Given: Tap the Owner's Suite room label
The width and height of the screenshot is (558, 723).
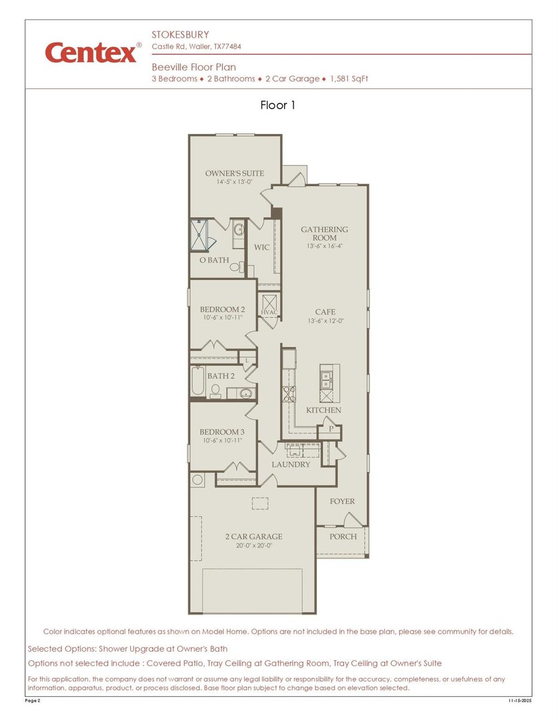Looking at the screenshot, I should (x=234, y=173).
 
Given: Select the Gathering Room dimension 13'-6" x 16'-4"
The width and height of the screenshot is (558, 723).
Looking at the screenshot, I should (x=324, y=246).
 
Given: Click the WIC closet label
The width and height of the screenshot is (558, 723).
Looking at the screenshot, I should (x=262, y=248).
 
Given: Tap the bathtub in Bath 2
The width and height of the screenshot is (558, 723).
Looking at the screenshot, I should (x=197, y=381).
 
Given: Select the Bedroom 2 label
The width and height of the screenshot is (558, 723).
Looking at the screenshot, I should (x=222, y=309).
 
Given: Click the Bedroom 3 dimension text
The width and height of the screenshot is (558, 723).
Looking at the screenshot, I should (x=222, y=441).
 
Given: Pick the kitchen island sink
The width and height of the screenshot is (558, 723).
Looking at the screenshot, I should (x=326, y=376).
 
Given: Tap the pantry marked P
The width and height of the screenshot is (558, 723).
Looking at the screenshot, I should (x=330, y=429).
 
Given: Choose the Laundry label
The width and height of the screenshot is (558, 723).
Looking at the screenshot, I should (x=290, y=465).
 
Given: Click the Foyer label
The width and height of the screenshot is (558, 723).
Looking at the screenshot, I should (x=342, y=501).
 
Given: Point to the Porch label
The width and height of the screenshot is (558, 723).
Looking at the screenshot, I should (x=343, y=537).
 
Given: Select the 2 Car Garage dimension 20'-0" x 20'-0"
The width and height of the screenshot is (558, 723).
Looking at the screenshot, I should (x=253, y=545).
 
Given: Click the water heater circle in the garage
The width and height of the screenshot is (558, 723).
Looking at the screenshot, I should (x=197, y=480).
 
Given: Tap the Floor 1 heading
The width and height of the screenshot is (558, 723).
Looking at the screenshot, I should (x=277, y=105).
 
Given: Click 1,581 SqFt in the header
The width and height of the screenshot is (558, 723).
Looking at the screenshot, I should (x=349, y=79).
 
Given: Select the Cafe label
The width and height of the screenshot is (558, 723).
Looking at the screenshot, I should (x=325, y=312).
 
